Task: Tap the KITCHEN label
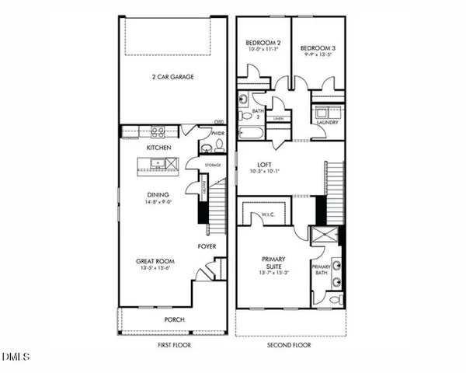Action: coord(158,147)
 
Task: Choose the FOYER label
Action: coord(206,248)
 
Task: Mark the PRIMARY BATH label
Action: coord(322,270)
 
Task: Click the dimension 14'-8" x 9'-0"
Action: coord(159,203)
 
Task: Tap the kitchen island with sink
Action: coord(157,163)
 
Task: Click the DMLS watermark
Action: coord(16,357)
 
